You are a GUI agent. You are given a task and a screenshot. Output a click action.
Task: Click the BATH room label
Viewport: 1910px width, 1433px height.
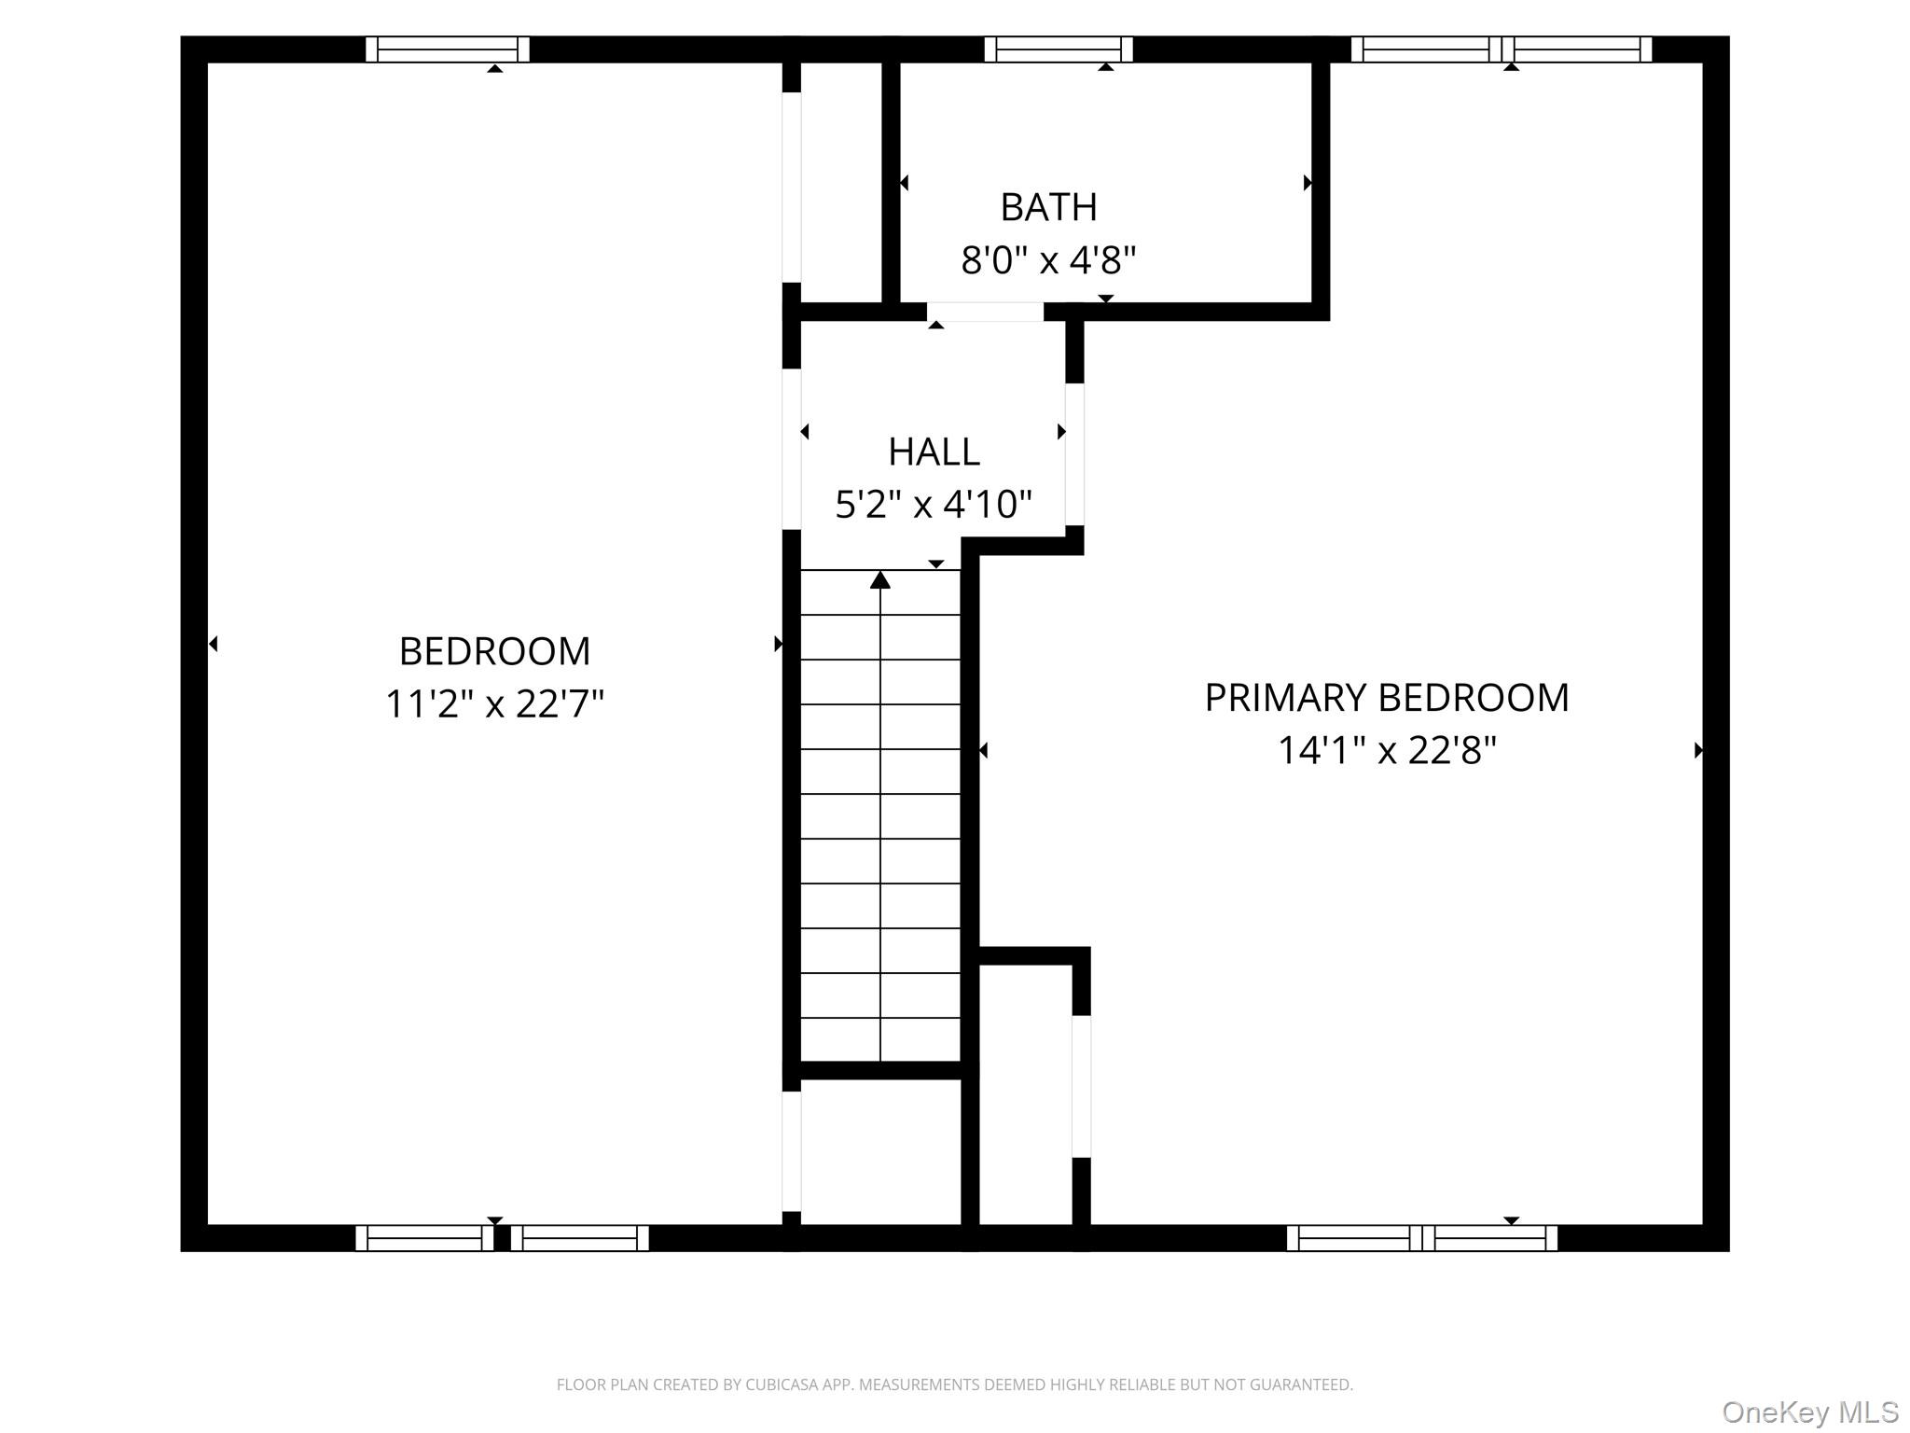1048,207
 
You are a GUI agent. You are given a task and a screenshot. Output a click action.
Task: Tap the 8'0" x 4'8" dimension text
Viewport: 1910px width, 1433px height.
1048,260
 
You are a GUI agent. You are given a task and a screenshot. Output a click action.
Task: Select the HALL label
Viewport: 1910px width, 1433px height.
934,452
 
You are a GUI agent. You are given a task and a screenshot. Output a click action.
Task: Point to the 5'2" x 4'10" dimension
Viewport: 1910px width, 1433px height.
934,505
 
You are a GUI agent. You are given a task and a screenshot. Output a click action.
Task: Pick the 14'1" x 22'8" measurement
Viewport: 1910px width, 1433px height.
1386,750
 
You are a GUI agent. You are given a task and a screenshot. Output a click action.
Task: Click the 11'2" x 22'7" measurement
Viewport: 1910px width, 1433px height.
494,703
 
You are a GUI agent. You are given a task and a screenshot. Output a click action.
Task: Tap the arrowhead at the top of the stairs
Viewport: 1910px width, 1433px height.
880,580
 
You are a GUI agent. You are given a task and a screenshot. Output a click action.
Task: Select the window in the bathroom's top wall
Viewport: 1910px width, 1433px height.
1059,49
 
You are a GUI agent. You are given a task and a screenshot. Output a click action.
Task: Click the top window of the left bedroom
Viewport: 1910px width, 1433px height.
448,49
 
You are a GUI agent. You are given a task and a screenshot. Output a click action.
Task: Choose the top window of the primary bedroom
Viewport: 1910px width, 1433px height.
1502,49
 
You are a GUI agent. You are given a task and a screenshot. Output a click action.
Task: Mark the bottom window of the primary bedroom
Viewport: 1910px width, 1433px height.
1422,1238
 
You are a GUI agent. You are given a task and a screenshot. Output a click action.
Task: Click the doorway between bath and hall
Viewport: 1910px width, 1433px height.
985,312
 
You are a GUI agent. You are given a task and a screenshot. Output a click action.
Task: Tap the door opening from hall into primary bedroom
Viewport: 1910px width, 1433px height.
1074,454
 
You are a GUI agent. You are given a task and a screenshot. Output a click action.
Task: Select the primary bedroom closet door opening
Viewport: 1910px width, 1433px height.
1081,1086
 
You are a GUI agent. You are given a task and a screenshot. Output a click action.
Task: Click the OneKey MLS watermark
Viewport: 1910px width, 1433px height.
1809,1412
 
